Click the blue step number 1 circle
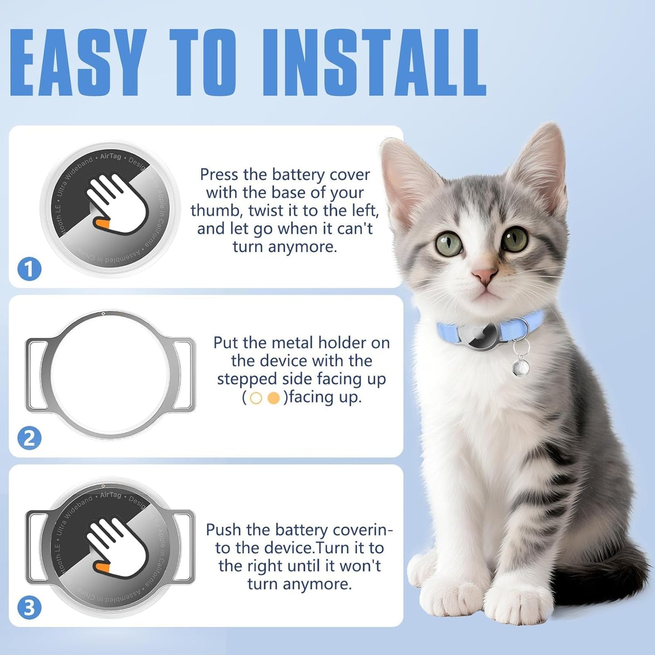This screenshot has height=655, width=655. tap(29, 269)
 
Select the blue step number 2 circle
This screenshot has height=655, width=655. tap(29, 438)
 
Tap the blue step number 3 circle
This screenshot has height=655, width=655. tap(29, 608)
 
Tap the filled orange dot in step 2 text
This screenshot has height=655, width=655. tap(273, 398)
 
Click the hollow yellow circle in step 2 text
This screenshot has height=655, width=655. tap(256, 398)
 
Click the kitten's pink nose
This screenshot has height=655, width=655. tap(484, 275)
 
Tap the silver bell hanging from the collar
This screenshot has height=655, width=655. tap(521, 366)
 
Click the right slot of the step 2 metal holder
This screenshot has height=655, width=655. tap(184, 375)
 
